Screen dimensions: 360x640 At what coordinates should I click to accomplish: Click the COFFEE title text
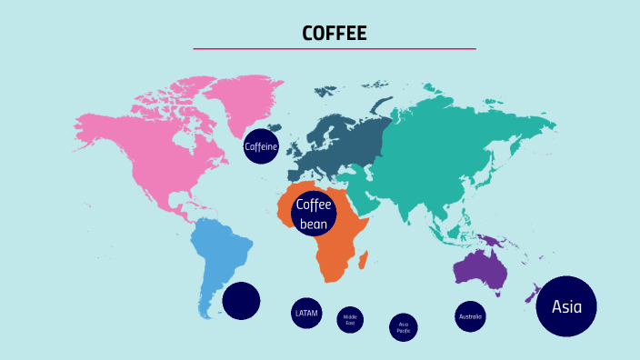tap(334, 34)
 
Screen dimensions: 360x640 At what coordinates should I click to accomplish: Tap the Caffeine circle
tap(261, 146)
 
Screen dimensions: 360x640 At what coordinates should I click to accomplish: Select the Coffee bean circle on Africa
tap(314, 215)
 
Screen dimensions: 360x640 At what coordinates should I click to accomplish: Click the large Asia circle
tap(566, 306)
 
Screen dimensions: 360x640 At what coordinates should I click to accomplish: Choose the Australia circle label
tap(470, 316)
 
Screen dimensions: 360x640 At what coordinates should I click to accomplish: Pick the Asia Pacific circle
tap(404, 327)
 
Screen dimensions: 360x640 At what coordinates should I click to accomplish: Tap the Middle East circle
tap(350, 320)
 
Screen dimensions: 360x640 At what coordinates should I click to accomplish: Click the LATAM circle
tap(306, 313)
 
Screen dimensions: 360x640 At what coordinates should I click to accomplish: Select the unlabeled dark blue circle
tap(241, 301)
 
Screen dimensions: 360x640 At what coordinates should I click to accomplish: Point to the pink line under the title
tap(334, 48)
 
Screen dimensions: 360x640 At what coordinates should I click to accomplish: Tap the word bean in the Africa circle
tap(313, 224)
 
